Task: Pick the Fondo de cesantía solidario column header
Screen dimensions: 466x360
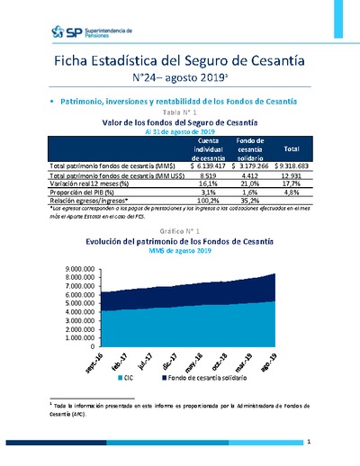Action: (x=249, y=148)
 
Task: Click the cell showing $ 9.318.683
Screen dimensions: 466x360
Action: (x=291, y=166)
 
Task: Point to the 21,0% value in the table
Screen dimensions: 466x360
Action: (x=248, y=184)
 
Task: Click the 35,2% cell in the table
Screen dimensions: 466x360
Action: (x=248, y=201)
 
